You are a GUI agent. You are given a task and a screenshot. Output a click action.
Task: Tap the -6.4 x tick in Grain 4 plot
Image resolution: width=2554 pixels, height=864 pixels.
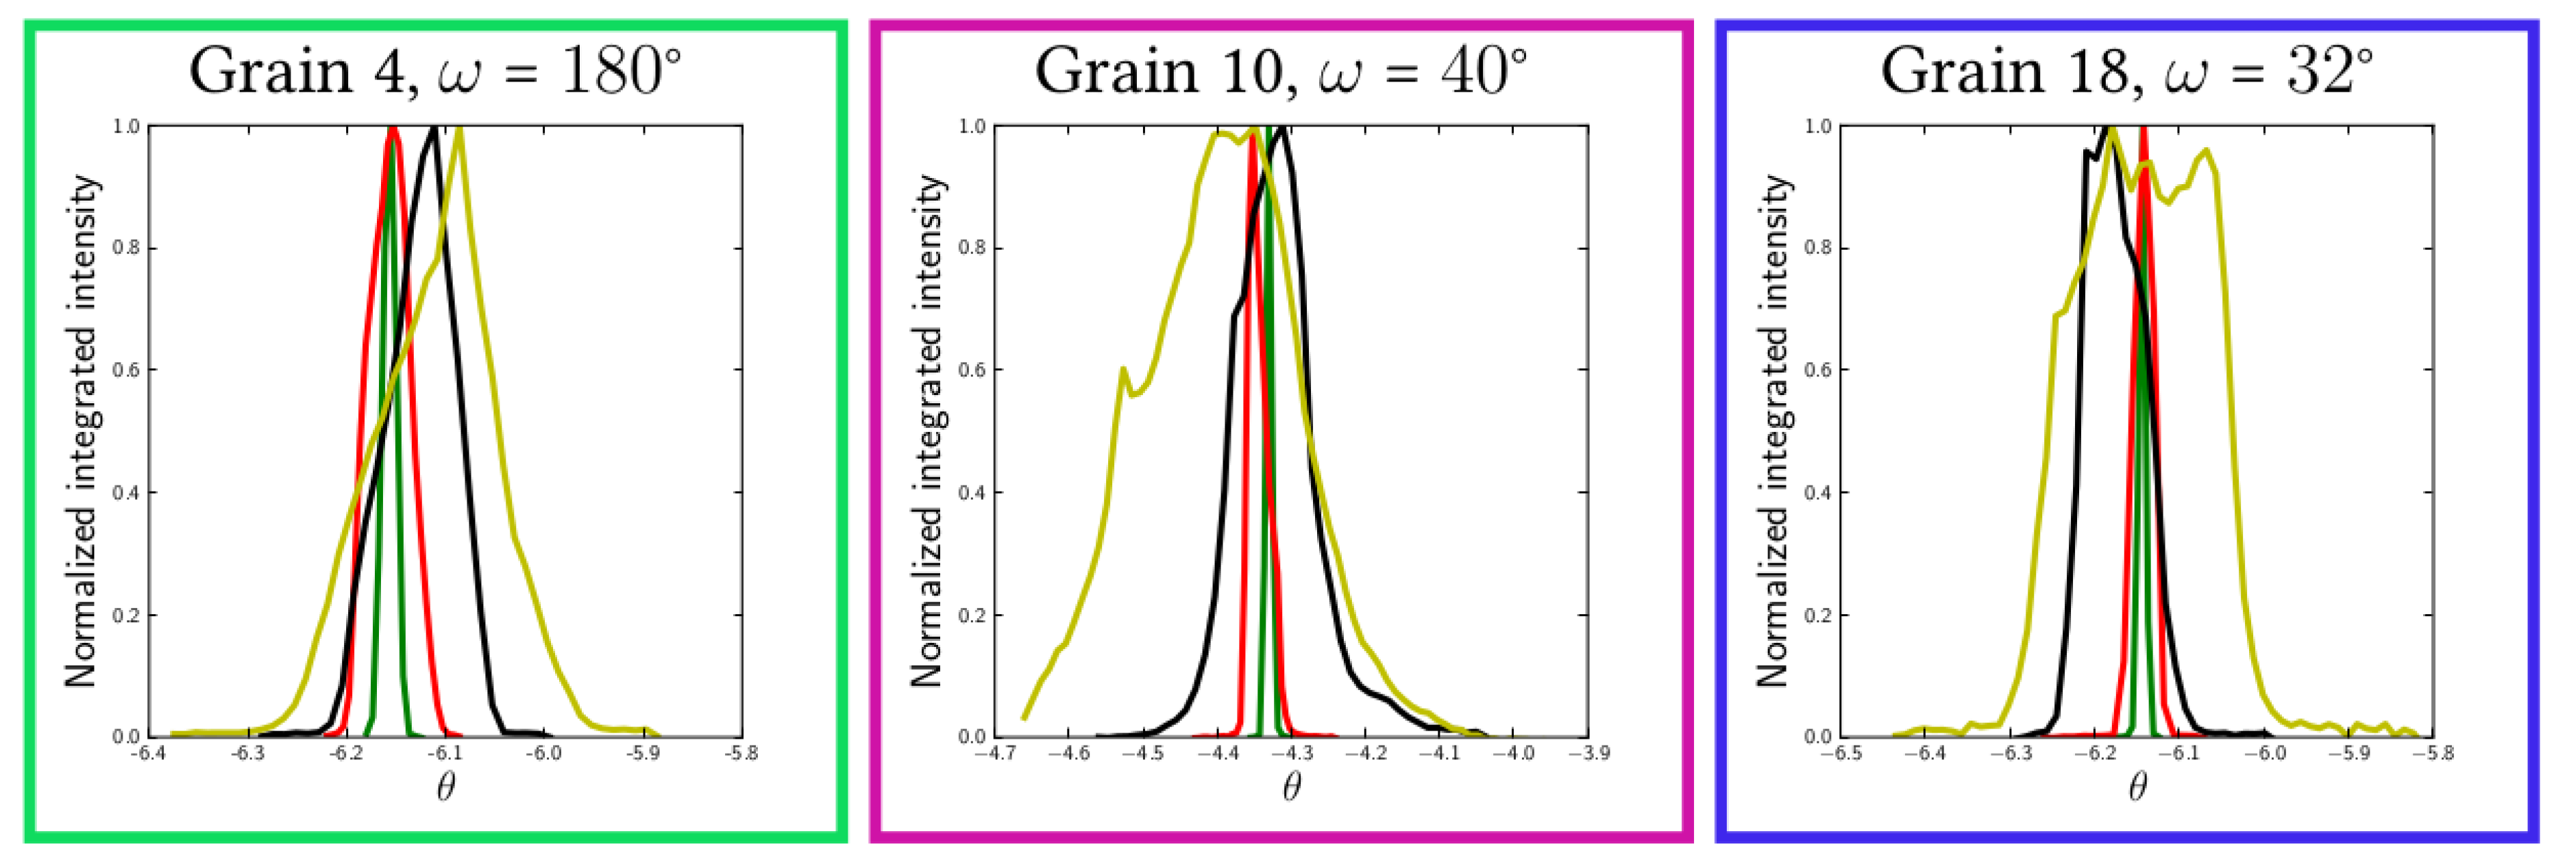(149, 754)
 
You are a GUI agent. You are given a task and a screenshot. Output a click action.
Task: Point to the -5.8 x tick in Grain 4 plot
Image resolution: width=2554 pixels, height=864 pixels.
(741, 754)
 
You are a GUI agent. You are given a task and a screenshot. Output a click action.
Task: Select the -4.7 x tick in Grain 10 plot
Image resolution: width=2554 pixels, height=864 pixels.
(994, 754)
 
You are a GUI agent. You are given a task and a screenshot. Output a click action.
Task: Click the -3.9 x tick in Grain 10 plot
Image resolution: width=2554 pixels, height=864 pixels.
(1588, 754)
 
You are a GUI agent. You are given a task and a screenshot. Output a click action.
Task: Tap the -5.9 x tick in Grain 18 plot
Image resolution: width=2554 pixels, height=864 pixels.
(2349, 754)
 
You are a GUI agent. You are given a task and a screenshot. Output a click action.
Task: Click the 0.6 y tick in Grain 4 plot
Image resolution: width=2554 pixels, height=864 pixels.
(126, 370)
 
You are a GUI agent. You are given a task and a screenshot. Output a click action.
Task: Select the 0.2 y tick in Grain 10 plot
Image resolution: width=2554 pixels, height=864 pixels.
(972, 615)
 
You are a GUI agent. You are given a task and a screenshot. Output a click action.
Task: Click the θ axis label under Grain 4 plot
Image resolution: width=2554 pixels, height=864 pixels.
(445, 788)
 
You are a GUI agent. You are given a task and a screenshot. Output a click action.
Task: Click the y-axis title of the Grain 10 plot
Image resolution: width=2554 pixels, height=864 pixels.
(927, 431)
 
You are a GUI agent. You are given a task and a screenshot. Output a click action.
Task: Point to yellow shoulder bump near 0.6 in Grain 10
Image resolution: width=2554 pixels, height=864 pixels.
(1122, 370)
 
